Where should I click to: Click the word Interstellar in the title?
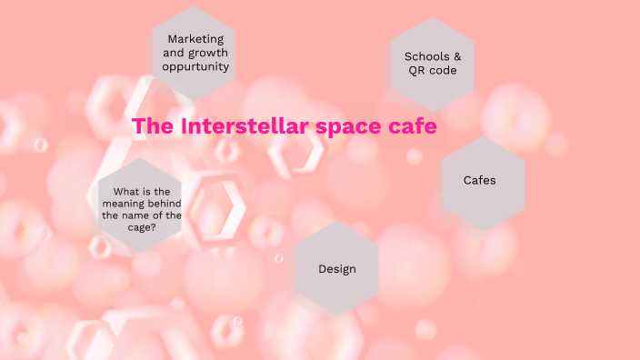tap(245, 126)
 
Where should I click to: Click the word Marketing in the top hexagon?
tap(195, 39)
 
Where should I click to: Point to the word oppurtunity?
tap(195, 66)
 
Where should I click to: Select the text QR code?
tap(433, 70)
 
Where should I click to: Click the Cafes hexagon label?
tap(480, 180)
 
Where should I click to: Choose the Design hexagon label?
tap(337, 269)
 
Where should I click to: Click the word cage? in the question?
tap(142, 228)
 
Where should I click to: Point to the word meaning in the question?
tap(123, 204)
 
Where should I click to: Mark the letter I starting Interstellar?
tap(185, 126)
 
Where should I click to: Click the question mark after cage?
tap(154, 228)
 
